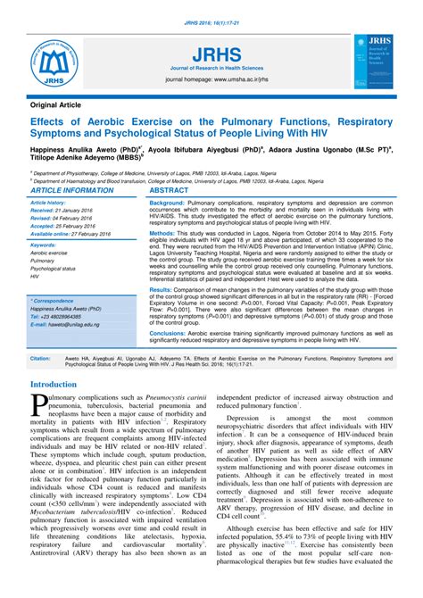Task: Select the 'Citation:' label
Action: pyautogui.click(x=40, y=359)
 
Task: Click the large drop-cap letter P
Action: pyautogui.click(x=40, y=408)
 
